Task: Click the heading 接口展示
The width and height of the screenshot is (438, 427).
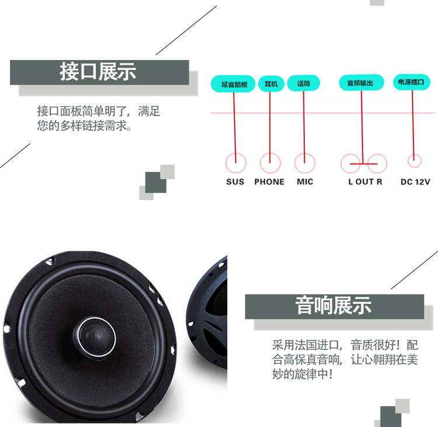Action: click(x=98, y=72)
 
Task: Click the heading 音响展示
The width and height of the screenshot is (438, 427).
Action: click(x=333, y=306)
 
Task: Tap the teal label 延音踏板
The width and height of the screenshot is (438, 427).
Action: click(x=234, y=85)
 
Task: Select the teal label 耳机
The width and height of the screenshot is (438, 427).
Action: click(x=270, y=84)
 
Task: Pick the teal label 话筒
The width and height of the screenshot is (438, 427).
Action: click(x=304, y=84)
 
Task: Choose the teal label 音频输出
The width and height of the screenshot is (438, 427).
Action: click(x=361, y=84)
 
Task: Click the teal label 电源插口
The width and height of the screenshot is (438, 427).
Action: click(x=413, y=83)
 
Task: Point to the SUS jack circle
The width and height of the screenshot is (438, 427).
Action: click(x=235, y=162)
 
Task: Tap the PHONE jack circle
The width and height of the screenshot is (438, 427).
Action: click(x=270, y=162)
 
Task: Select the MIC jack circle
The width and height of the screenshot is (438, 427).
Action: click(x=305, y=162)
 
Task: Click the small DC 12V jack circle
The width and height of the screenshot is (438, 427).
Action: click(x=415, y=160)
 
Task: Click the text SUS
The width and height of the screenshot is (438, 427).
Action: click(x=235, y=182)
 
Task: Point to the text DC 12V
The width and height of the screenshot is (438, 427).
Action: click(x=415, y=182)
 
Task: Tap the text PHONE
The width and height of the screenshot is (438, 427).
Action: click(x=269, y=182)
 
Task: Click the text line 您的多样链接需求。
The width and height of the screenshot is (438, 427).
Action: click(x=85, y=125)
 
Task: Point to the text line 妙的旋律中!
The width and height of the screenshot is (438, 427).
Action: click(x=303, y=373)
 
